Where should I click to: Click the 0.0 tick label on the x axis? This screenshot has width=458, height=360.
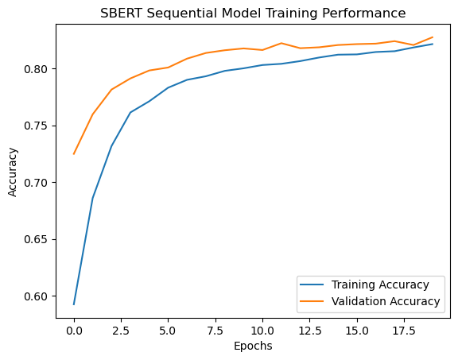pyautogui.click(x=74, y=331)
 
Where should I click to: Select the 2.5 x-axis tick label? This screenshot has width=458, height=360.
pyautogui.click(x=121, y=331)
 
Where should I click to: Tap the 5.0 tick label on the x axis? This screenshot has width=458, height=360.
pyautogui.click(x=168, y=331)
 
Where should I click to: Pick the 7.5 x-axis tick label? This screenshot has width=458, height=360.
pyautogui.click(x=215, y=331)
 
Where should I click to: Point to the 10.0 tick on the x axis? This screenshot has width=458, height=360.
pyautogui.click(x=262, y=331)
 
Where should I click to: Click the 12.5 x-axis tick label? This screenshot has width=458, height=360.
pyautogui.click(x=310, y=331)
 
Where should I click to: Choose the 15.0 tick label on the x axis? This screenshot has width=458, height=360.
pyautogui.click(x=357, y=331)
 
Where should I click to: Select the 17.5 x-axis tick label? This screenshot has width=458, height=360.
pyautogui.click(x=404, y=331)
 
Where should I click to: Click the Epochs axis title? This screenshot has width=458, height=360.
pyautogui.click(x=253, y=346)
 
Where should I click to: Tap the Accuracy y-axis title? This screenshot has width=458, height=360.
pyautogui.click(x=13, y=172)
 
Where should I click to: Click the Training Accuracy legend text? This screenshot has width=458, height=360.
pyautogui.click(x=380, y=285)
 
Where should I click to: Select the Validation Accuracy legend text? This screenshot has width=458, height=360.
pyautogui.click(x=386, y=301)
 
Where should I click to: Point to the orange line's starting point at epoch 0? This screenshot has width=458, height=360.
pyautogui.click(x=74, y=154)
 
